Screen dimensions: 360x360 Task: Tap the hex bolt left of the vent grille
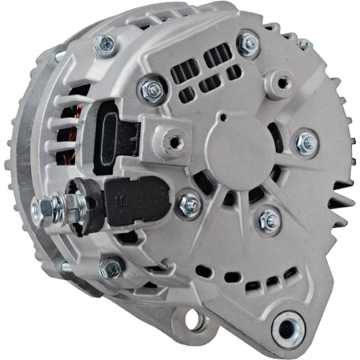point(152,91)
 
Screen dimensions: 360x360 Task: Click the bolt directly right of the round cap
point(306,143)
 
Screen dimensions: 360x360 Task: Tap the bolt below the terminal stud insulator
point(111,269)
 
